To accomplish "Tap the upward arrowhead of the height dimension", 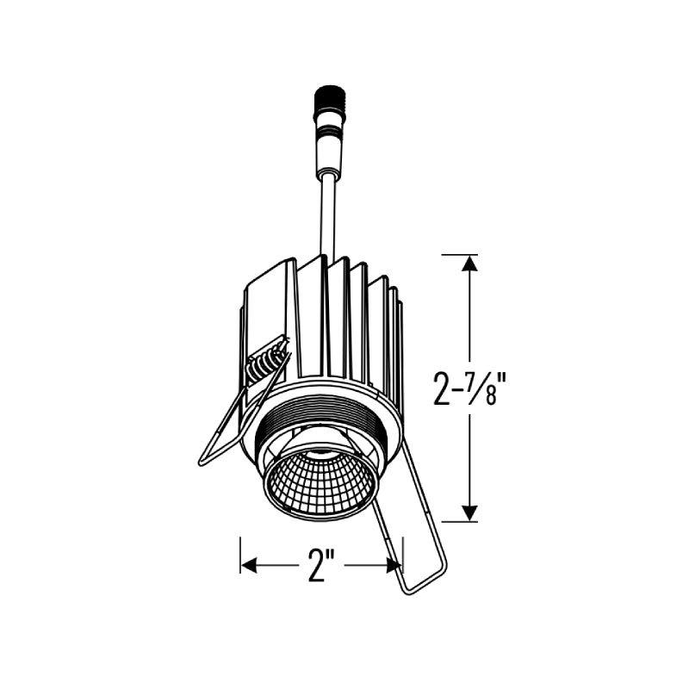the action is pyautogui.click(x=470, y=264).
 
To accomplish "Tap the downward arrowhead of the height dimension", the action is pyautogui.click(x=470, y=512).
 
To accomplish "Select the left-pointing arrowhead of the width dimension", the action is pyautogui.click(x=250, y=566).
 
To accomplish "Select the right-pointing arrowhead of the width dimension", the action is pyautogui.click(x=393, y=566).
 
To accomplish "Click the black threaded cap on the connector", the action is pyautogui.click(x=330, y=100).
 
